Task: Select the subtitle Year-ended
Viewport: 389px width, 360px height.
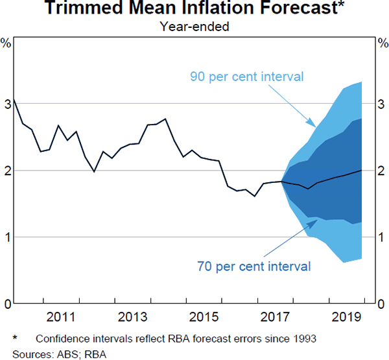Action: click(194, 27)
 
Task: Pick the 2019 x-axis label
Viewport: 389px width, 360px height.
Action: click(347, 317)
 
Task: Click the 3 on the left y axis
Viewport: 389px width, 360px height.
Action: click(7, 103)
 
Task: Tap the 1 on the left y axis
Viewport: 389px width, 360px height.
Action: click(7, 237)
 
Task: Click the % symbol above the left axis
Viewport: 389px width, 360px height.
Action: click(6, 43)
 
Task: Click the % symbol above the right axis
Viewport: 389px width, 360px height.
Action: click(383, 43)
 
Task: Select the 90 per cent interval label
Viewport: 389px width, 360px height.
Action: click(247, 77)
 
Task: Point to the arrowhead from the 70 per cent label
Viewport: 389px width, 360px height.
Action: click(316, 221)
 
